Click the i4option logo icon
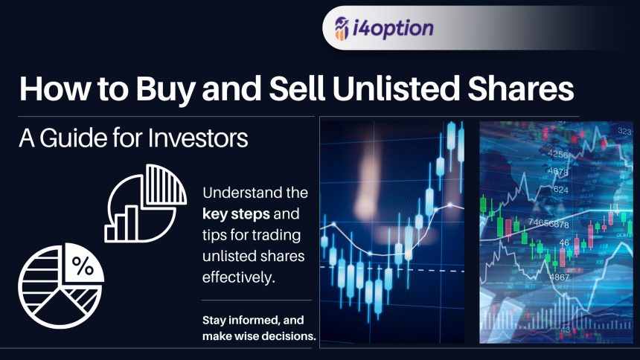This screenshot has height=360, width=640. pos(342,28)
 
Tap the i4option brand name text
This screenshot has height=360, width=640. pos(393,28)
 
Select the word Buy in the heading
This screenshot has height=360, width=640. pos(165,90)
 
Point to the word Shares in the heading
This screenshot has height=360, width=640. pos(521,89)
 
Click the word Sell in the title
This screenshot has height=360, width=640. pos(297,89)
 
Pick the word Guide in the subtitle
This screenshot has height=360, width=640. pos(74,138)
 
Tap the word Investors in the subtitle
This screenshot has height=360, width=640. pos(197,138)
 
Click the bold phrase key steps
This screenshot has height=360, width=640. pos(236,214)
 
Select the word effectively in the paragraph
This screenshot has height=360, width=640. pos(238,277)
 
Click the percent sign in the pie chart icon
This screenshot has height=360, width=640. pos(83,266)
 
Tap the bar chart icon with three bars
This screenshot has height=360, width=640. pos(121,225)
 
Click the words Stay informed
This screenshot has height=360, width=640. pos(238,320)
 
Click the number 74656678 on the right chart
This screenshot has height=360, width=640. pos(548,223)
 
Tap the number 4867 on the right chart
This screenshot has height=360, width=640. pos(559,277)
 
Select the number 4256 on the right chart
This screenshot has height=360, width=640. pos(558,154)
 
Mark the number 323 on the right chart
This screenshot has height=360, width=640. pos(624,131)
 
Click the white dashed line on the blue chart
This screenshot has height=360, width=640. pos(392,269)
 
